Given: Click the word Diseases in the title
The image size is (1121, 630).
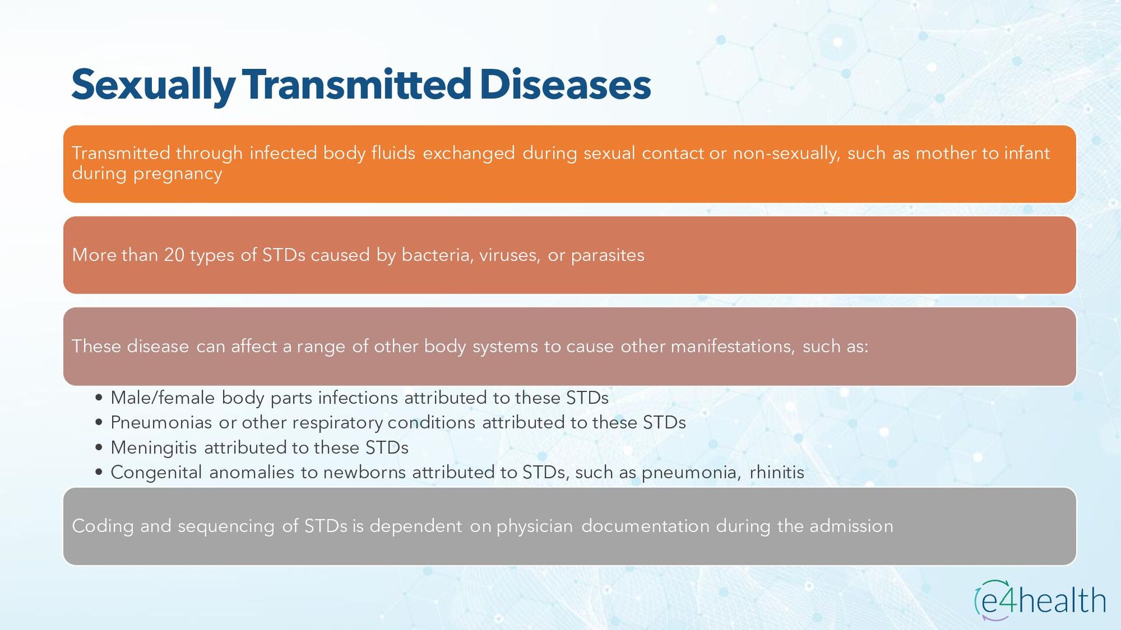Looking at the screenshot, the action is click(565, 84).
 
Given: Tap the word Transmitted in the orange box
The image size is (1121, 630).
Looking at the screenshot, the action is click(121, 153).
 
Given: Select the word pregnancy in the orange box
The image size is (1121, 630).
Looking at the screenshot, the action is click(177, 174).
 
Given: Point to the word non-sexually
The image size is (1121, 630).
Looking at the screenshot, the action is click(786, 153).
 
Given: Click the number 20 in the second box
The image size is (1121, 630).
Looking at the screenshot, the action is click(174, 255).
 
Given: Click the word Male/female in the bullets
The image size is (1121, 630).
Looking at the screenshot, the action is click(163, 398).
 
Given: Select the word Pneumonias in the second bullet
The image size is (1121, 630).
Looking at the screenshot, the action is click(161, 422).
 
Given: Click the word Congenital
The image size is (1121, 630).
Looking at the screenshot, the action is click(156, 473).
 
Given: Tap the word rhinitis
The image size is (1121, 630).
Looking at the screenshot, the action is click(777, 473).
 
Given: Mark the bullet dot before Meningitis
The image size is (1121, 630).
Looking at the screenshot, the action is click(99, 447).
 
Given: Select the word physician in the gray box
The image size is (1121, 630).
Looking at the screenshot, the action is click(535, 527).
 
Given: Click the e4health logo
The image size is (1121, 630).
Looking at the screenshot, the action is click(1040, 600).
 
